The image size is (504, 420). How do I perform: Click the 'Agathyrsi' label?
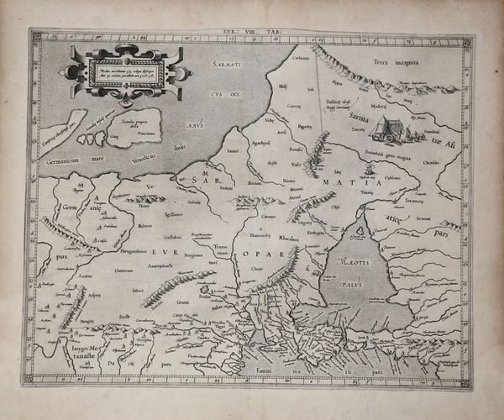click(262, 144)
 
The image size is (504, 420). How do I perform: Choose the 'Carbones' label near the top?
click(301, 58)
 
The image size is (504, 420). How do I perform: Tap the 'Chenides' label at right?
click(454, 160)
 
